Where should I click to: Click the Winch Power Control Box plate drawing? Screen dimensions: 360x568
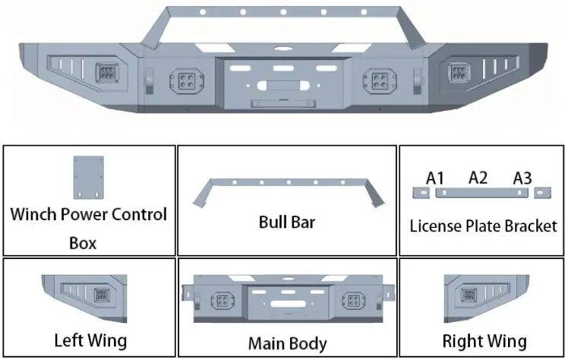88,177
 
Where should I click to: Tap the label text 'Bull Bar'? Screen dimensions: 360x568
286,223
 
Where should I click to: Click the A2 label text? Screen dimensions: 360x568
478,178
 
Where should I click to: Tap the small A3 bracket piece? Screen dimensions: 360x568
540,194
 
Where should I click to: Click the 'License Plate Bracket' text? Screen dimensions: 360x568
483,226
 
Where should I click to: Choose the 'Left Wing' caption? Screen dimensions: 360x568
90,339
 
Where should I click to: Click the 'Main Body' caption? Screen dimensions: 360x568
287,343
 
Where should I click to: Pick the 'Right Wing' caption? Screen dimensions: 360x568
484,339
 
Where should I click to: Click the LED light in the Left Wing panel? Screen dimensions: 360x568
100,296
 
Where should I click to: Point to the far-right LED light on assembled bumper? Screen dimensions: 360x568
460,74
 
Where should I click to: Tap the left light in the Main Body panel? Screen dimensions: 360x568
222,299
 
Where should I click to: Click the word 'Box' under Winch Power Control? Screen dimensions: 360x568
83,244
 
